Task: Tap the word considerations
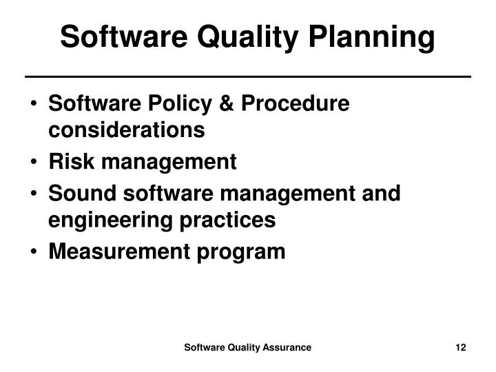click(x=127, y=130)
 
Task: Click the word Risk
click(x=70, y=162)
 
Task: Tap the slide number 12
click(x=461, y=348)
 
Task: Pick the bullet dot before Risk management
click(x=34, y=163)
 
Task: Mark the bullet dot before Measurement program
click(x=34, y=252)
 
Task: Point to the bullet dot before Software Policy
click(x=34, y=105)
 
